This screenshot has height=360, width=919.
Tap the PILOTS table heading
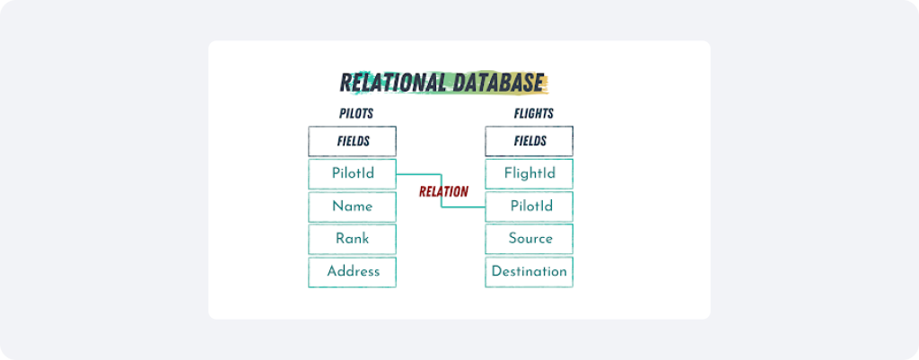click(356, 114)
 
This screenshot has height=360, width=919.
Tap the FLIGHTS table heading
click(534, 114)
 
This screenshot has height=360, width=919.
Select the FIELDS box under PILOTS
click(352, 141)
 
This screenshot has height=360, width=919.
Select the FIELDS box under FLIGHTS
click(530, 141)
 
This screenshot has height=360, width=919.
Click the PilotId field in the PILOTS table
click(352, 174)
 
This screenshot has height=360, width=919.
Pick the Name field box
click(352, 207)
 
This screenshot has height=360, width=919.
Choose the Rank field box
click(352, 239)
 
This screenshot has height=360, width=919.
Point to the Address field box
click(352, 272)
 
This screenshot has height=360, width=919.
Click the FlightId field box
click(530, 174)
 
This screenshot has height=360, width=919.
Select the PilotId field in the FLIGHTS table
click(530, 207)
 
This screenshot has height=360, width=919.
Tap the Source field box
click(530, 239)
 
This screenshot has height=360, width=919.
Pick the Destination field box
click(530, 272)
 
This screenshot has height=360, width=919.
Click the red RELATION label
click(443, 192)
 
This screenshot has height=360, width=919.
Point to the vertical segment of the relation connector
click(442, 190)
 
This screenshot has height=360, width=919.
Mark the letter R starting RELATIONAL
click(346, 83)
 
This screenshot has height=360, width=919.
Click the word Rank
click(352, 239)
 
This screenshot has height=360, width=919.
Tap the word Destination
click(530, 271)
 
